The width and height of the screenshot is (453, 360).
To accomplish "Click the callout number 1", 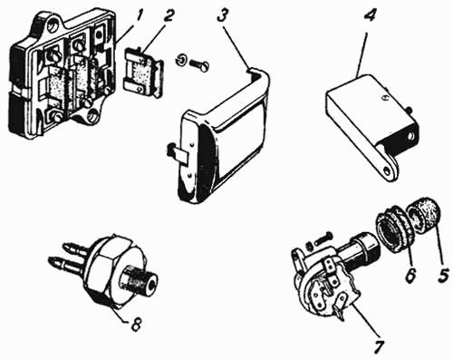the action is [139, 16].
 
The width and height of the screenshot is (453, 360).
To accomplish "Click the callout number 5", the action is [443, 275].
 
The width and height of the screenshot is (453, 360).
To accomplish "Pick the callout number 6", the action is [411, 275].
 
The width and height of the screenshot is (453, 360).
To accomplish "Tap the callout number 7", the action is [379, 346].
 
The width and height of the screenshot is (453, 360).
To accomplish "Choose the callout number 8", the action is [135, 325].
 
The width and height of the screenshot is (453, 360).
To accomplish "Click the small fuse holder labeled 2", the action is [143, 73].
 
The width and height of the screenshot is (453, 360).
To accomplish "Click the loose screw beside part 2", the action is [198, 65].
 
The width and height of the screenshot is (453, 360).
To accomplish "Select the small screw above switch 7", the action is [323, 238].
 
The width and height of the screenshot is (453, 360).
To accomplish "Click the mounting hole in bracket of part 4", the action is [387, 170].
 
